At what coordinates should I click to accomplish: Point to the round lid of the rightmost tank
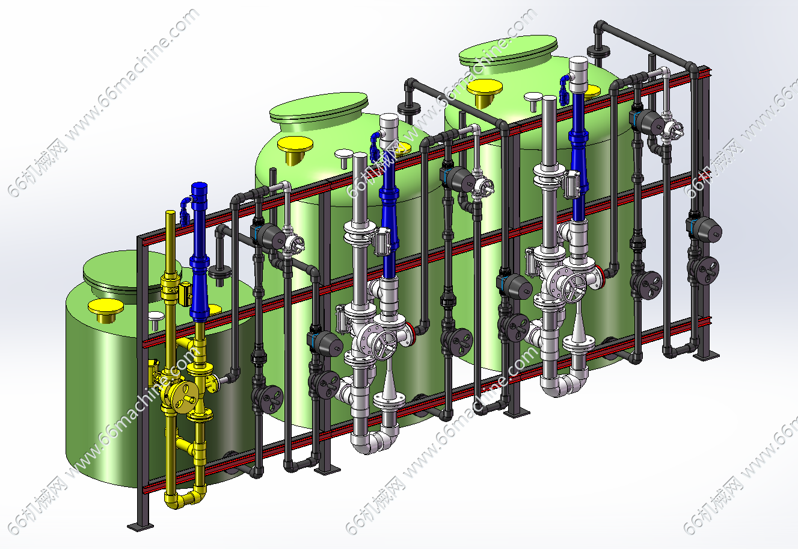click(508, 50)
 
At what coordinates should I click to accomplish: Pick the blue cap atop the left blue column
click(199, 188)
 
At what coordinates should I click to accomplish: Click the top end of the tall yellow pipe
click(171, 212)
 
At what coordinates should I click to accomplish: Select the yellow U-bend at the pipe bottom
click(185, 498)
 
